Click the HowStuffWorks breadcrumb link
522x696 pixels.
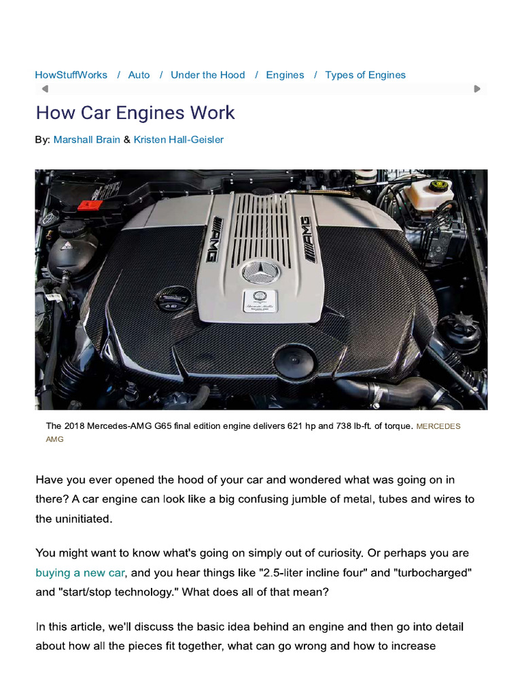71,75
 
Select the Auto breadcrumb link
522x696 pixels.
139,75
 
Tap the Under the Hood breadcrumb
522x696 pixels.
207,75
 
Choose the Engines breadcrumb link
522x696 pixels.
285,75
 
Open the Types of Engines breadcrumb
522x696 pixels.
365,75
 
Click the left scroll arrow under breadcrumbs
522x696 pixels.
45,88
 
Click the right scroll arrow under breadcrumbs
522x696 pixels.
477,88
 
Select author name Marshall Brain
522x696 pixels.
87,139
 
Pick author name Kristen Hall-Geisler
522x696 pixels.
179,139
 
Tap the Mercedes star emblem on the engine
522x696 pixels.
260,273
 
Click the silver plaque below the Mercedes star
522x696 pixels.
260,303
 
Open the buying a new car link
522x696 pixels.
80,573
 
